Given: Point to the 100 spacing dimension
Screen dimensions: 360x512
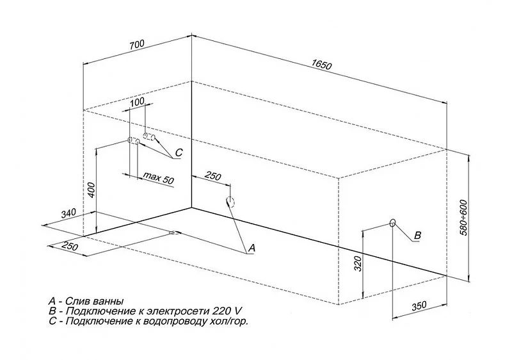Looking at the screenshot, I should (136, 102).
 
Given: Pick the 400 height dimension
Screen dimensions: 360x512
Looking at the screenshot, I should (91, 190).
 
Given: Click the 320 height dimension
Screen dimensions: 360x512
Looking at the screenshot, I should (358, 261).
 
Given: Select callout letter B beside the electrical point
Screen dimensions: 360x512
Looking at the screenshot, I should (417, 235).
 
